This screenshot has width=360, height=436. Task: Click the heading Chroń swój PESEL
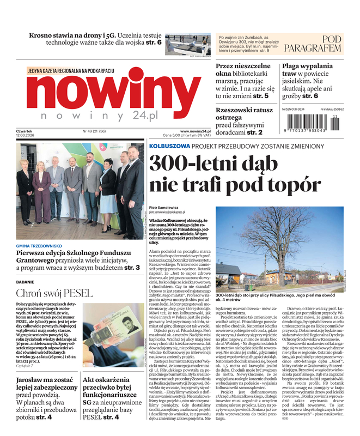click(x=47, y=292)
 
